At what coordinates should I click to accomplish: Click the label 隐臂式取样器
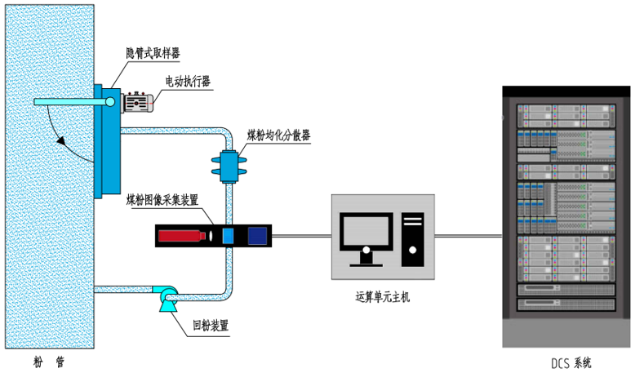point(153,53)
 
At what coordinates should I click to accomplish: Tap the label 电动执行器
point(188,81)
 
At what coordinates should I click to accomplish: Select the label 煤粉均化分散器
point(278,135)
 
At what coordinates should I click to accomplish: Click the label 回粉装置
point(210,326)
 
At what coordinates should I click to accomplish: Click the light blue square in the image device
point(229,236)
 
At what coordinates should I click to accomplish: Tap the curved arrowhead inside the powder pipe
point(61,140)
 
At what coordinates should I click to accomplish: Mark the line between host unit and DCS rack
point(468,236)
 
